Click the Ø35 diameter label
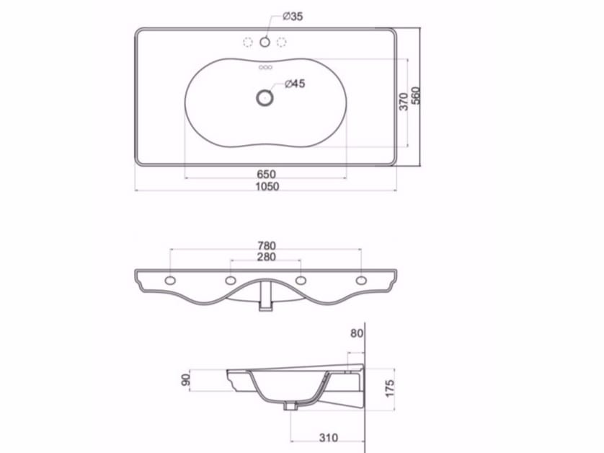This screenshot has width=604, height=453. pyautogui.click(x=292, y=17)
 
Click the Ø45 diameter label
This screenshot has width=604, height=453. pyautogui.click(x=295, y=84)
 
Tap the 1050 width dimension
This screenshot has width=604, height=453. pyautogui.click(x=266, y=186)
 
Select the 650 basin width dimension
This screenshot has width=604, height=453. pyautogui.click(x=266, y=174)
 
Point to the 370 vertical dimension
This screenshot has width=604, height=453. pyautogui.click(x=404, y=101)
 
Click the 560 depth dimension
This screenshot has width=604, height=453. pyautogui.click(x=416, y=96)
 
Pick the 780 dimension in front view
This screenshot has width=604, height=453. pyautogui.click(x=266, y=245)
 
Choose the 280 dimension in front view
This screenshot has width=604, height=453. pyautogui.click(x=266, y=257)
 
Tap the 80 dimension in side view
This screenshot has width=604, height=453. pyautogui.click(x=357, y=333)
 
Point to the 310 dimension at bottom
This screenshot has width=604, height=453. pyautogui.click(x=328, y=437)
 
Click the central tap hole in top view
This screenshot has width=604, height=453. pyautogui.click(x=265, y=42)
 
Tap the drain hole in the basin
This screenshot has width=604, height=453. pyautogui.click(x=265, y=96)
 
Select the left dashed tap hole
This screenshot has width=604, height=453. pyautogui.click(x=249, y=42)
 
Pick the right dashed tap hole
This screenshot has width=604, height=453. pyautogui.click(x=282, y=42)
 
